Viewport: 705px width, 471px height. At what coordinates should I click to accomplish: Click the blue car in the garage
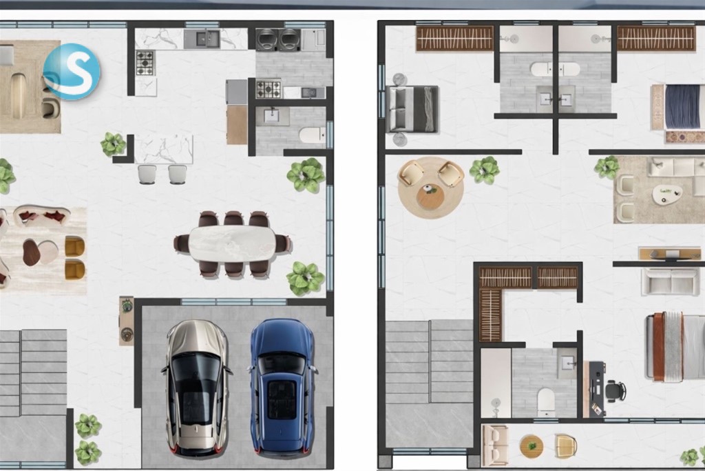tap(282, 386)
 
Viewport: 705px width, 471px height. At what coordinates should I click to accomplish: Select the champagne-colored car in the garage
tap(196, 388)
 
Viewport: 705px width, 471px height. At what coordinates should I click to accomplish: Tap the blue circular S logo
tap(72, 72)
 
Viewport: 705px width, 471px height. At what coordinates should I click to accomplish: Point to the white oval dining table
tap(232, 243)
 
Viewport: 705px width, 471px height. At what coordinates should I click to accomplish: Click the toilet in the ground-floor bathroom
tap(313, 134)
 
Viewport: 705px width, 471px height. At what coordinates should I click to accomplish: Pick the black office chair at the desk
tap(615, 391)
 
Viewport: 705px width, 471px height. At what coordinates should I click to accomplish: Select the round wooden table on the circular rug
tap(430, 197)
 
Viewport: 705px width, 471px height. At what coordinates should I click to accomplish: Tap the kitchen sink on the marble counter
tap(207, 39)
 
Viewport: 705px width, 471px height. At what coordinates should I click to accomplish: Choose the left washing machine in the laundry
tap(266, 39)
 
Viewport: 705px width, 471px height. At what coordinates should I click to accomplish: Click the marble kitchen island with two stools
tap(164, 149)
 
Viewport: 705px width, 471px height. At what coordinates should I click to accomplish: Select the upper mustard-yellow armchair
tap(74, 246)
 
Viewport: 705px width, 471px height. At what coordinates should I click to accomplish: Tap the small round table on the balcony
tap(532, 445)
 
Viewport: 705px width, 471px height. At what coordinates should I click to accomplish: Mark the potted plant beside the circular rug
tap(484, 170)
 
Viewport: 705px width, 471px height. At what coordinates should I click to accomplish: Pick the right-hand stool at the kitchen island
tap(178, 174)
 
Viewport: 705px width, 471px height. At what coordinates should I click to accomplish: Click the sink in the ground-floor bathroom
tap(273, 116)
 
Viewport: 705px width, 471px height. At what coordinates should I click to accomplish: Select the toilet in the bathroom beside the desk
tap(546, 402)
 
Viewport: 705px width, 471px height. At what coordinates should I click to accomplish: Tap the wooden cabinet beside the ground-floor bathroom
tap(237, 125)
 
